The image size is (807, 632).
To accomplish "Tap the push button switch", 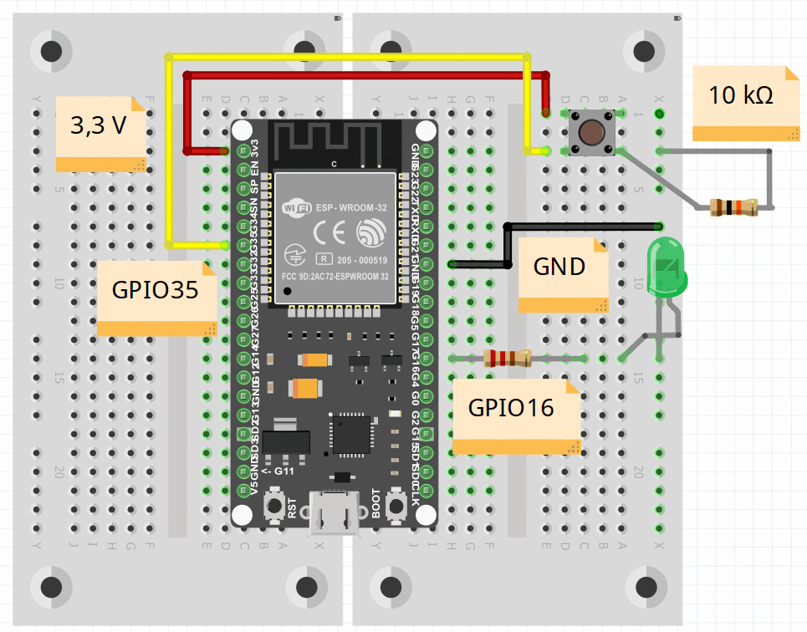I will click(x=592, y=132).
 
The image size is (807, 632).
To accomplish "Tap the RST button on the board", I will click(x=273, y=506).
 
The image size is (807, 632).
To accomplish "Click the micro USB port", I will click(x=334, y=512).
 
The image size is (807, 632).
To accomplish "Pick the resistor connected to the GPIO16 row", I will click(x=508, y=359).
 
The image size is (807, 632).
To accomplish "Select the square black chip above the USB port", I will click(x=351, y=435).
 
